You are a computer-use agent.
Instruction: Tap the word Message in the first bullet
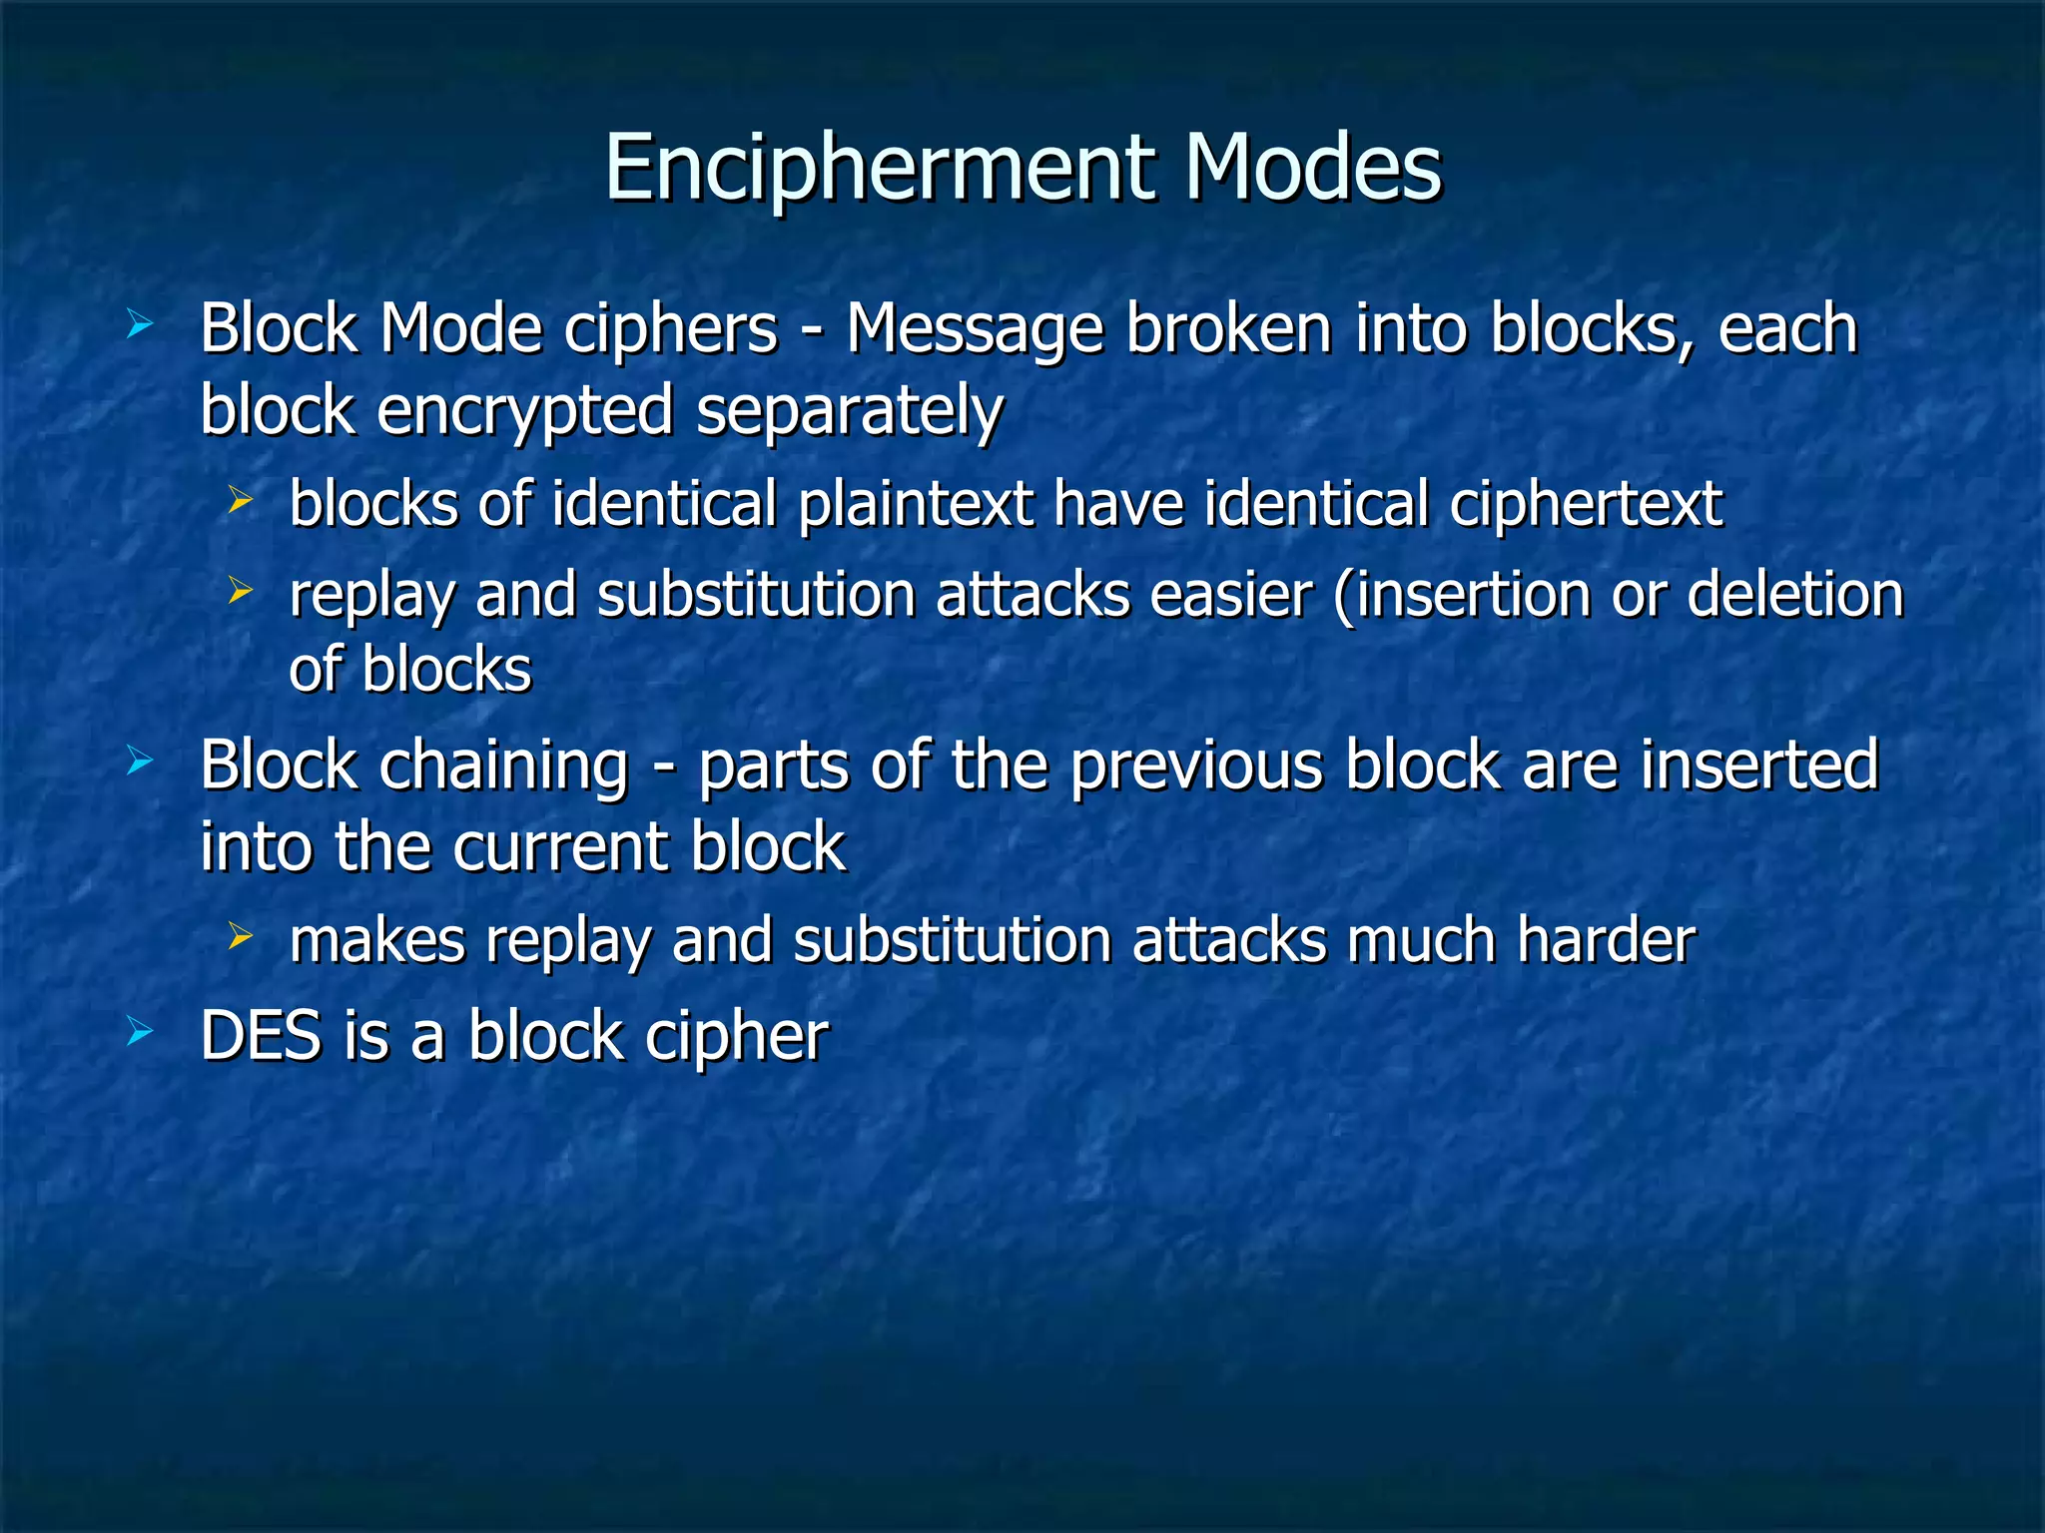pyautogui.click(x=975, y=329)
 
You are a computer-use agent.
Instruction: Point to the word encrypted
pyautogui.click(x=525, y=411)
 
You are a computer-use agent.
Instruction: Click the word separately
pyautogui.click(x=849, y=411)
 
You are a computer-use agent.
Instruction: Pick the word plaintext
pyautogui.click(x=915, y=504)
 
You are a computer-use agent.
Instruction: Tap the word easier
pyautogui.click(x=1230, y=595)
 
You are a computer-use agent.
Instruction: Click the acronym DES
pyautogui.click(x=262, y=1035)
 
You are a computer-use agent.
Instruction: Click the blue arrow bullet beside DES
pyautogui.click(x=140, y=1033)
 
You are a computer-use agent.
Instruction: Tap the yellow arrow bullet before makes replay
pyautogui.click(x=240, y=936)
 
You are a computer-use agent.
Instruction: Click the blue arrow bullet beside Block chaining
pyautogui.click(x=140, y=764)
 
